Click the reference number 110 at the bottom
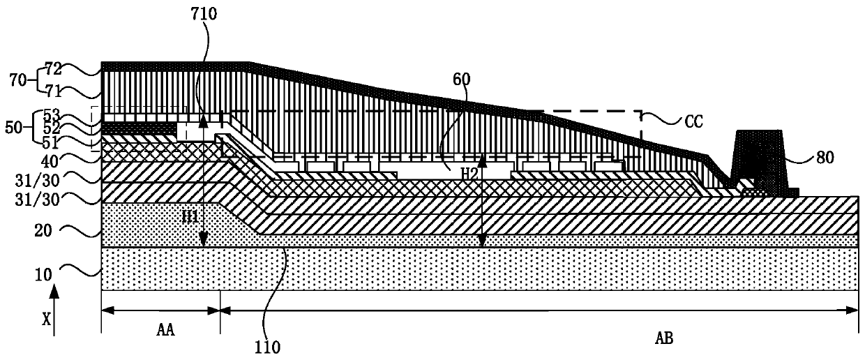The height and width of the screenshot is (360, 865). tap(267, 344)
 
